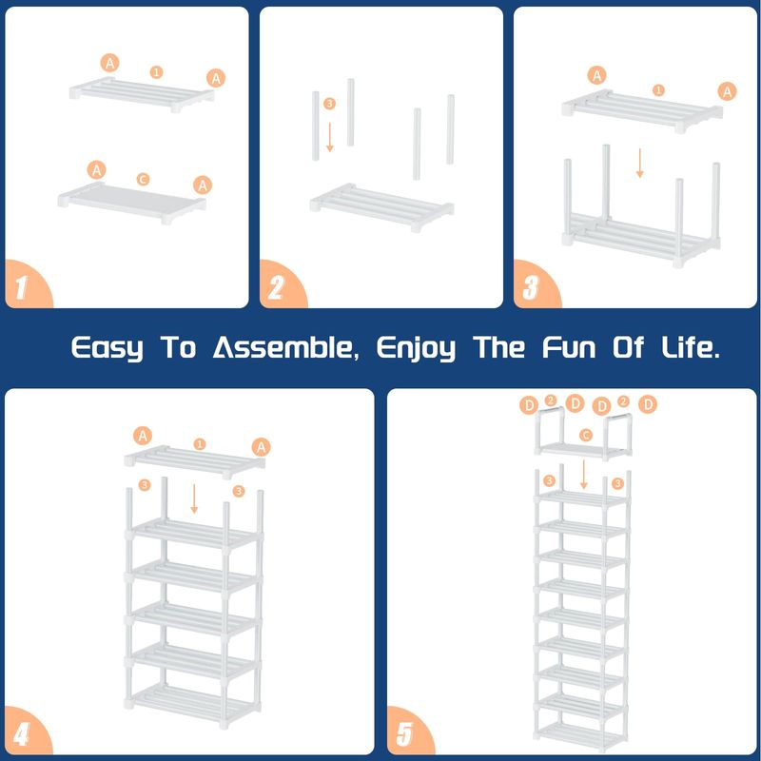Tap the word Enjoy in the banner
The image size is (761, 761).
[x=416, y=348]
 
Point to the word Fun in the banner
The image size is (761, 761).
[x=569, y=347]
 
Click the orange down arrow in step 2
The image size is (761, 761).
[x=330, y=137]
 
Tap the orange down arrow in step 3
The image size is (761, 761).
[x=639, y=163]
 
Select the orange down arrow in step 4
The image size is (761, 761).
[x=194, y=498]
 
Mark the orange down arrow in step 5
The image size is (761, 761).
[x=584, y=474]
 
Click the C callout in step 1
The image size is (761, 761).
[x=143, y=180]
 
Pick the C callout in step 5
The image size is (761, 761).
[x=586, y=435]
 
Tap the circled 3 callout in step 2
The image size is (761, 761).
[x=329, y=104]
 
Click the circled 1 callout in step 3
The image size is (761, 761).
[x=658, y=89]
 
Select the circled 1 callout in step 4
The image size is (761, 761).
[x=200, y=444]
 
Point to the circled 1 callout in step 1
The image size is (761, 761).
[x=156, y=72]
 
